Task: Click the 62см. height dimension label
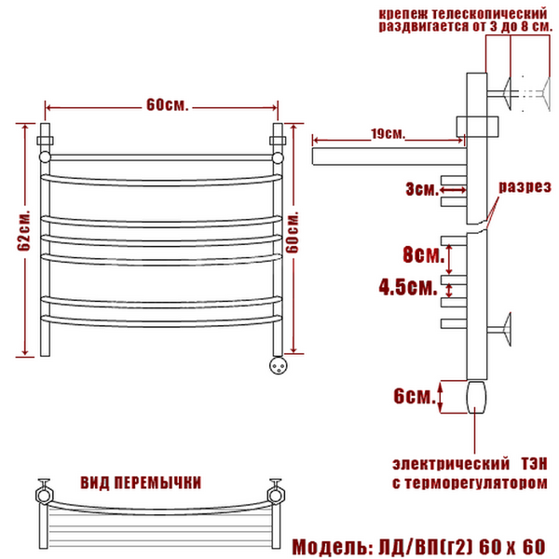(x=24, y=231)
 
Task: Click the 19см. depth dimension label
(x=389, y=133)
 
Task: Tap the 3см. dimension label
(x=422, y=189)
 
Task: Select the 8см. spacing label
(x=423, y=254)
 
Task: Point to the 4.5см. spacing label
(x=408, y=287)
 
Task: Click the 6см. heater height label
(x=415, y=396)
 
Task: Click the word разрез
(x=525, y=187)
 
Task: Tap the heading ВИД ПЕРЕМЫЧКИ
(x=141, y=483)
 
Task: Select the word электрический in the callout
(x=451, y=464)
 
